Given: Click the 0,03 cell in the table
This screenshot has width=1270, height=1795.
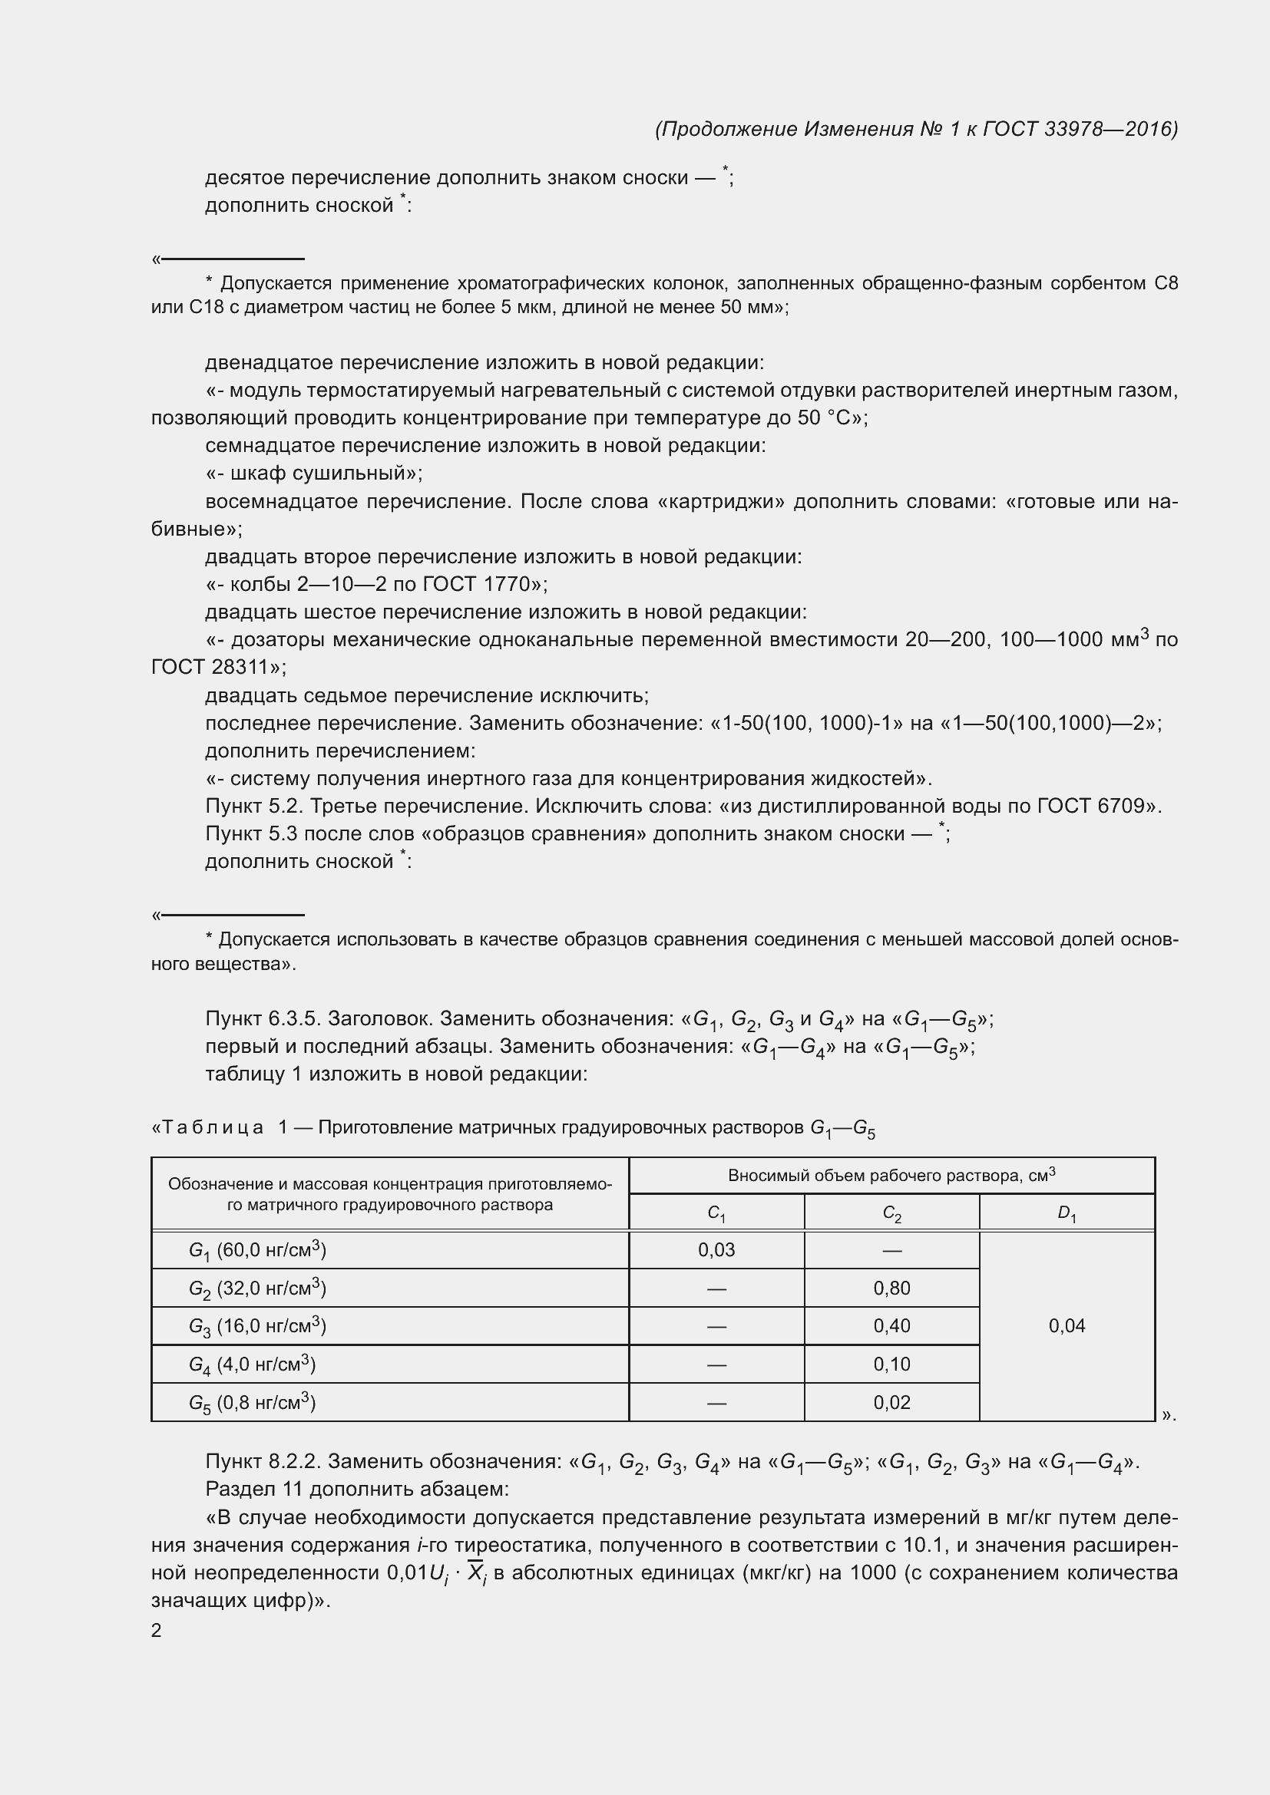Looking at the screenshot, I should click(x=716, y=1250).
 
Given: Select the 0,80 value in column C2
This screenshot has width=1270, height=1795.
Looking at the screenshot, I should click(x=891, y=1289).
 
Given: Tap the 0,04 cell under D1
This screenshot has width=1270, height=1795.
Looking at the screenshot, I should click(x=1067, y=1326).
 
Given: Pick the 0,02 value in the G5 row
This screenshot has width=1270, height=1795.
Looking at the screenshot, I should click(x=891, y=1403).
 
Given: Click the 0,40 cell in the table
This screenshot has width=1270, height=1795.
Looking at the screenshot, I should click(x=891, y=1326).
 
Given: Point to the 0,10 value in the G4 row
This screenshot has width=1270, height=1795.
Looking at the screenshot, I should click(x=891, y=1364).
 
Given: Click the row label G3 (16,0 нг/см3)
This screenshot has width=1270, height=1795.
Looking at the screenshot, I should click(x=257, y=1327).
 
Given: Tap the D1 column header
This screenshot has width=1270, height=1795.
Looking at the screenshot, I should click(x=1067, y=1213).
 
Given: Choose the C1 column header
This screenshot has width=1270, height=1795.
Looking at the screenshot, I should click(x=716, y=1213).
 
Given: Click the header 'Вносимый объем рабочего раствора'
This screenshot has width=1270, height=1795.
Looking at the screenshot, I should click(x=891, y=1176).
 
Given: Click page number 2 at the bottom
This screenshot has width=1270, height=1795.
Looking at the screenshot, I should click(x=157, y=1631).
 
